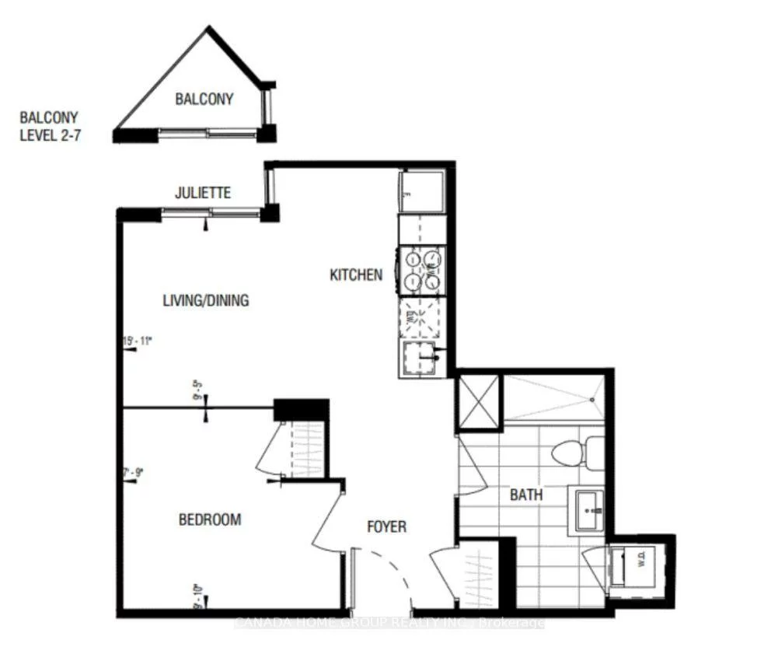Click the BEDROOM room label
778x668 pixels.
click(210, 519)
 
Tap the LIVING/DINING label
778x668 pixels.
click(206, 300)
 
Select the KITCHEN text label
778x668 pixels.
click(356, 275)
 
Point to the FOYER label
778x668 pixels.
click(386, 527)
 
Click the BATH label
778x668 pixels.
click(526, 495)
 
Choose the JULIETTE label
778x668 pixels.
click(203, 193)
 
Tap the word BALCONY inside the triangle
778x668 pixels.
click(204, 100)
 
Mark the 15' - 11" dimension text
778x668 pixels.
click(137, 341)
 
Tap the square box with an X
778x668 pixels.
click(479, 401)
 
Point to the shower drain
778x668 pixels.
click(591, 400)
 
